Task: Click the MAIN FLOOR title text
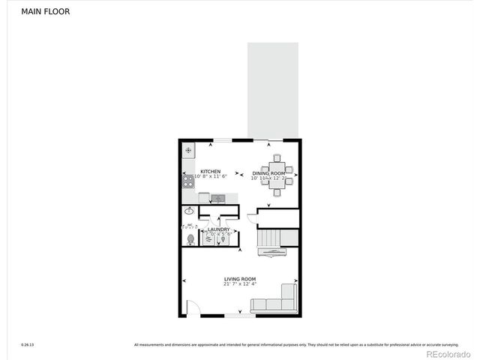(x=46, y=11)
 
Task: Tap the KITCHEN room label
(x=210, y=172)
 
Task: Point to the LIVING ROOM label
(x=240, y=279)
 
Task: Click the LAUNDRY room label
(x=219, y=229)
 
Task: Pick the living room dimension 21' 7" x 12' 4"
(x=240, y=284)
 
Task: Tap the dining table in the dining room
(x=277, y=175)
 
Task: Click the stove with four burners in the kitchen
(x=188, y=181)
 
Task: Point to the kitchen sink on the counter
(x=218, y=198)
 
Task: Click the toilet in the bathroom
(x=190, y=239)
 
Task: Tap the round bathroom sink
(x=188, y=211)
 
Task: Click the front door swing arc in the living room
(x=193, y=307)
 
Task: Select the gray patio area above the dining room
(x=272, y=90)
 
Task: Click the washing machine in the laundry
(x=209, y=239)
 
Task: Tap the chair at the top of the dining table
(x=277, y=158)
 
